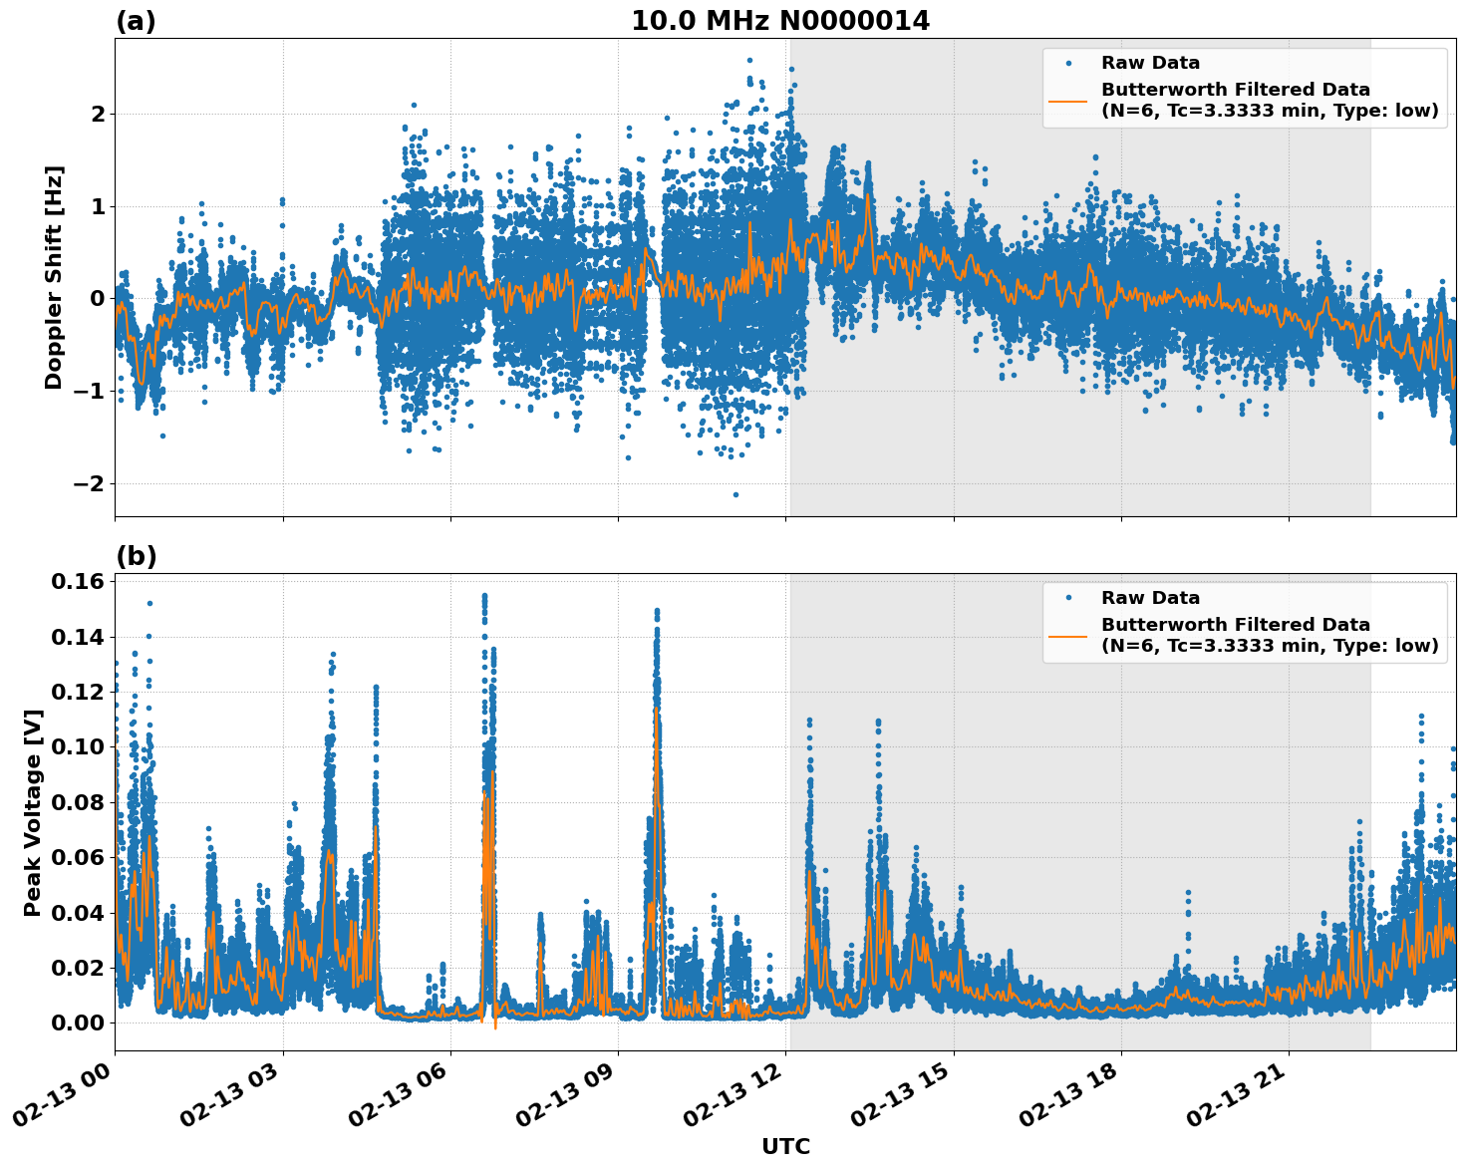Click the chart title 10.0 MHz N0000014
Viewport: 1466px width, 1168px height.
point(779,21)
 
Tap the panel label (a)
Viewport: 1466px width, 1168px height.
point(136,21)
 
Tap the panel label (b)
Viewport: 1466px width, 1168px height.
point(136,556)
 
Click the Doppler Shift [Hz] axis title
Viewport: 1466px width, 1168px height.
point(54,277)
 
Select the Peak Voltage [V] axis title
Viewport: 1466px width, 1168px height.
point(33,812)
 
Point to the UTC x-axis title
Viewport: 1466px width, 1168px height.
point(785,1146)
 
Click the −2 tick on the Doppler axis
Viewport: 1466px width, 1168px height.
point(90,483)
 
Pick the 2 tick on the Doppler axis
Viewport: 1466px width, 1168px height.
point(98,114)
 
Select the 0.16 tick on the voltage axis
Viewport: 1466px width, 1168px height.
point(79,581)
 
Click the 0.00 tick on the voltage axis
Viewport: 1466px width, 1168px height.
point(79,1022)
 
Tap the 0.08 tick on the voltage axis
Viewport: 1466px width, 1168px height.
point(79,802)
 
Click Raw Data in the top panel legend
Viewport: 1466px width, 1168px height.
point(1150,63)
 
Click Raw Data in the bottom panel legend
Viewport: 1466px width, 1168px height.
point(1150,598)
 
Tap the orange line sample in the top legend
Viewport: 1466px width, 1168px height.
point(1068,100)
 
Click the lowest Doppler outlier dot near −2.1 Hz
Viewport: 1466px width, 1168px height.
point(735,494)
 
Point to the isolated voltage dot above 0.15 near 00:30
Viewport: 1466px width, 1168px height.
point(149,603)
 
